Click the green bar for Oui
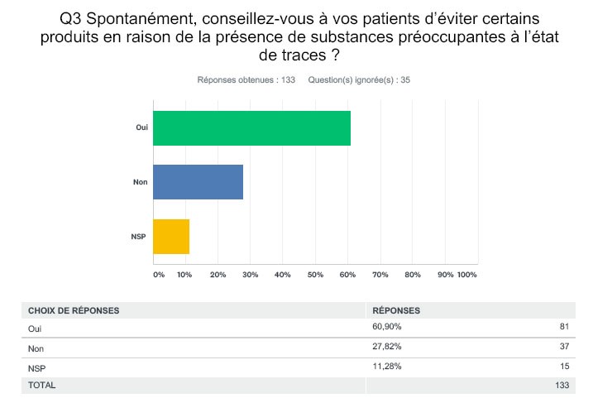[x=251, y=127]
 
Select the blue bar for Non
[x=198, y=182]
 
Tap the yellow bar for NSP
[x=171, y=237]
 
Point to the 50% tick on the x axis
[x=315, y=274]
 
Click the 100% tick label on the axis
[x=467, y=274]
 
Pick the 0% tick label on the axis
[x=159, y=274]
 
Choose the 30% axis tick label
[x=251, y=274]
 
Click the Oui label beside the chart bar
[x=141, y=127]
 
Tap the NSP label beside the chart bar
[x=140, y=237]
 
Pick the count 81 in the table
[x=564, y=328]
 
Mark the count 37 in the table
[x=564, y=348]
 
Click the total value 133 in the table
[x=562, y=386]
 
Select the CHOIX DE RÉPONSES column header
[x=74, y=310]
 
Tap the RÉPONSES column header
[x=396, y=310]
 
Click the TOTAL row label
[x=42, y=386]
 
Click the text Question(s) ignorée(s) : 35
[x=359, y=80]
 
